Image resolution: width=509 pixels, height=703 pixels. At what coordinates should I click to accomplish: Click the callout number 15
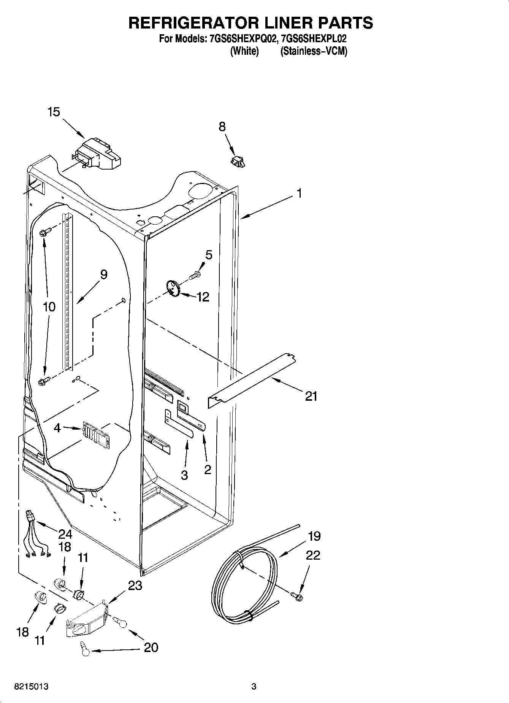tap(54, 112)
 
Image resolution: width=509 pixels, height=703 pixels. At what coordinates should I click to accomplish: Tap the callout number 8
tap(222, 127)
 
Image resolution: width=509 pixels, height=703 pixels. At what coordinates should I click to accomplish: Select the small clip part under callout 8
tap(238, 161)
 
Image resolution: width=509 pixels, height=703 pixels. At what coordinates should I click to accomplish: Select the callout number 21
tap(311, 396)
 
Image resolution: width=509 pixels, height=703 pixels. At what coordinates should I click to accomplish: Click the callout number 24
tap(65, 534)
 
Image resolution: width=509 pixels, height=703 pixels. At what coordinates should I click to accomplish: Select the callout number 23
tap(135, 586)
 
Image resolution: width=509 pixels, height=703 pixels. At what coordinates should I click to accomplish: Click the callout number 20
tap(151, 647)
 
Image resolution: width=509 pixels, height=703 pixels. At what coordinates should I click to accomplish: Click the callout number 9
tap(103, 275)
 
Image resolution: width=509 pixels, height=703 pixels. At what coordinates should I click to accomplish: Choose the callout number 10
tap(49, 307)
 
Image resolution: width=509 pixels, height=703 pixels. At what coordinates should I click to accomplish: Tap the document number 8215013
tap(32, 687)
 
